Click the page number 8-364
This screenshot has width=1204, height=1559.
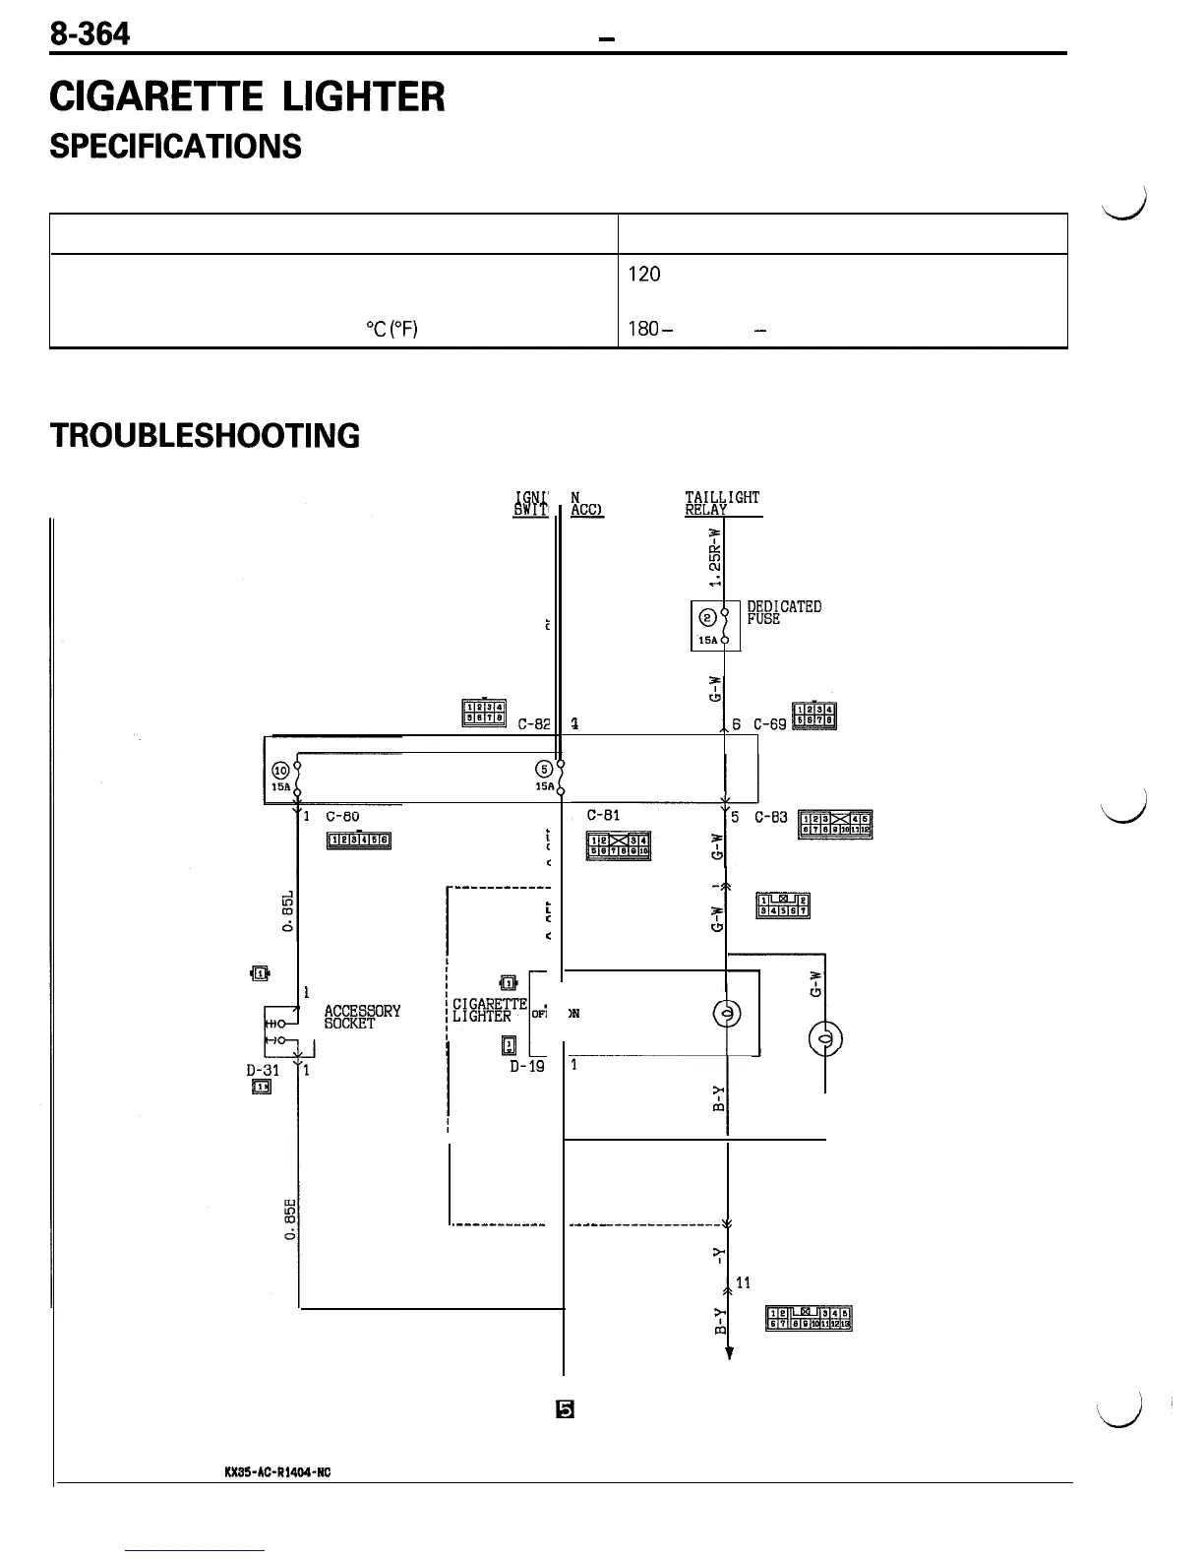pyautogui.click(x=90, y=34)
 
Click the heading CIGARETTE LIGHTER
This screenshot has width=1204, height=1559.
pyautogui.click(x=248, y=97)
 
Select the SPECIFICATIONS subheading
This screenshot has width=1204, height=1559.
pyautogui.click(x=176, y=147)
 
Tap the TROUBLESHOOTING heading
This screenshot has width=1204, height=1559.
pyautogui.click(x=206, y=435)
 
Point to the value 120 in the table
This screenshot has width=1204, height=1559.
pyautogui.click(x=644, y=275)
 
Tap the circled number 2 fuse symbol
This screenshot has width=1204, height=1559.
pyautogui.click(x=707, y=617)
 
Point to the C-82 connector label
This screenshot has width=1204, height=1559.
pyautogui.click(x=535, y=724)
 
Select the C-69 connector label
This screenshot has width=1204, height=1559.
pyautogui.click(x=770, y=724)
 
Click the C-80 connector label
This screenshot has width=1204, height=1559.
pyautogui.click(x=341, y=816)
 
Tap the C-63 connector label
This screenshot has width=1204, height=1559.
pyautogui.click(x=771, y=817)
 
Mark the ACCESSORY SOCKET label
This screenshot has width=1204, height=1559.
pyautogui.click(x=362, y=1017)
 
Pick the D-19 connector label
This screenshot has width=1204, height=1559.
pyautogui.click(x=527, y=1065)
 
